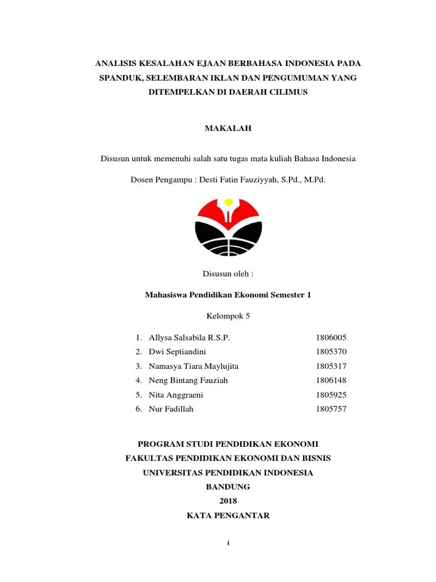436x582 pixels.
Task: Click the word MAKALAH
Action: pyautogui.click(x=228, y=128)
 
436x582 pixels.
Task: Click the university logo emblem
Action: pyautogui.click(x=228, y=227)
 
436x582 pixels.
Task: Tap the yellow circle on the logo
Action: pyautogui.click(x=228, y=202)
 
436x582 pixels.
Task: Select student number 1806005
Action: pyautogui.click(x=331, y=338)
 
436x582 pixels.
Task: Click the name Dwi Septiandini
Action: pyautogui.click(x=177, y=352)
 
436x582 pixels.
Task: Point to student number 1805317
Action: pyautogui.click(x=331, y=367)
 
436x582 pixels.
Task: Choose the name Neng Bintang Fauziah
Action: pyautogui.click(x=188, y=381)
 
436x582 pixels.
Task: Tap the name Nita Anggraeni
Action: pyautogui.click(x=176, y=395)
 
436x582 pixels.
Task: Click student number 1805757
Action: pyautogui.click(x=331, y=409)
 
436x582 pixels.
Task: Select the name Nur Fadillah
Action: pyautogui.click(x=171, y=409)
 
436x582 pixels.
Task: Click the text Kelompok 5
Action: pyautogui.click(x=228, y=316)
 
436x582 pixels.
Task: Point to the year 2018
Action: pyautogui.click(x=228, y=501)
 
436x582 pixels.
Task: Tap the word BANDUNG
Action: pyautogui.click(x=228, y=487)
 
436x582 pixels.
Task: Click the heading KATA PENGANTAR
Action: pyautogui.click(x=228, y=516)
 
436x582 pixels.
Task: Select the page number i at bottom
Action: pyautogui.click(x=228, y=543)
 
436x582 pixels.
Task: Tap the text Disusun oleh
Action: pyautogui.click(x=228, y=273)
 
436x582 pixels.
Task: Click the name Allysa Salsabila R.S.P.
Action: pyautogui.click(x=189, y=338)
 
